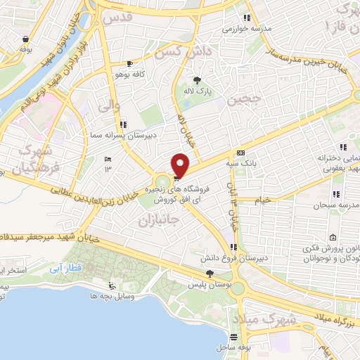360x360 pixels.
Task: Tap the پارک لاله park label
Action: (208, 91)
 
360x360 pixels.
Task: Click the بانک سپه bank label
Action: (241, 164)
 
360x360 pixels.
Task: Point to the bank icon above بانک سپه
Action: (241, 153)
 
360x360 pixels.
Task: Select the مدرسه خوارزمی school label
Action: (245, 29)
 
